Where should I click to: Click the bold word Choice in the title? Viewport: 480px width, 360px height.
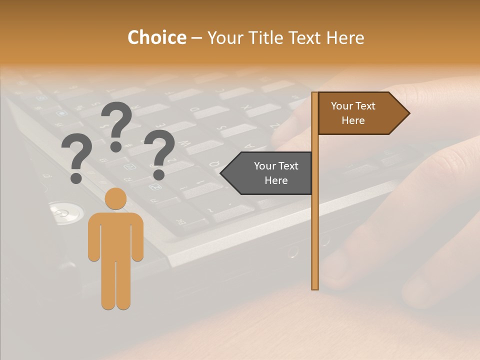coord(156,38)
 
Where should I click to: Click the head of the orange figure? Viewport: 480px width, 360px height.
coord(115,198)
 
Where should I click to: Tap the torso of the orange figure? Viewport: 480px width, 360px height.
coord(115,235)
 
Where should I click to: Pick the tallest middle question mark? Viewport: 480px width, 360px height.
coord(117,120)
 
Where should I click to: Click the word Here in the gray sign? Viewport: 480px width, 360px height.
coord(276,180)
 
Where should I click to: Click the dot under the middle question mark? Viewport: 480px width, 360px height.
coord(116,146)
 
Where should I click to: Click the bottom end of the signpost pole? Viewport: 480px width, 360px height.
coord(314,287)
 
